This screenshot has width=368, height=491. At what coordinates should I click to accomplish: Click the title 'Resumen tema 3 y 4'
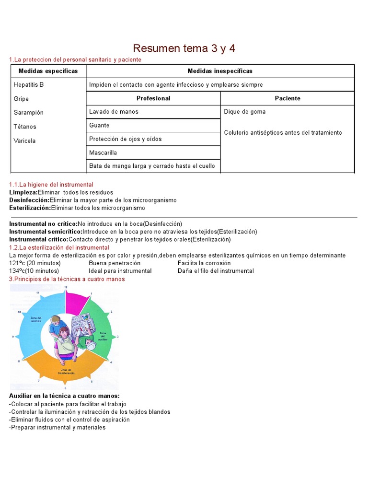coord(184,48)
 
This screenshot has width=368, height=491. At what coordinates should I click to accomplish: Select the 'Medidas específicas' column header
coord(48,71)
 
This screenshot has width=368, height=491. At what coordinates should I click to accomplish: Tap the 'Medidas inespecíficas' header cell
coord(220,71)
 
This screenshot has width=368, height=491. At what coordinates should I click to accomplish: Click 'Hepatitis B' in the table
coord(29,85)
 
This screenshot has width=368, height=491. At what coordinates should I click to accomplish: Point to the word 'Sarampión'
coord(29,113)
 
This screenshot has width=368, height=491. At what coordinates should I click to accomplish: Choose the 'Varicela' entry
coord(25,141)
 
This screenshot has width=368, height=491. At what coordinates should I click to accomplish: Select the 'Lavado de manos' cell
coord(114,112)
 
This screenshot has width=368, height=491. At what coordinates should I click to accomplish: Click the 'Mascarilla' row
coord(103,152)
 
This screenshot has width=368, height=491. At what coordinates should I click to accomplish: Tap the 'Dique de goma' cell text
coord(244,112)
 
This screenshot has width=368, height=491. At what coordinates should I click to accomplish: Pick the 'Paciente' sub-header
coord(287,98)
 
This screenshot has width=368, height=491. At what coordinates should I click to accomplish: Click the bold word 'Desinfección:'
coord(29,200)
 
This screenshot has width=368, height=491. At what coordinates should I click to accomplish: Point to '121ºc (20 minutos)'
coord(35,263)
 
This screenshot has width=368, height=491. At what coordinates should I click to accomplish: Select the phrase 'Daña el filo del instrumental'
coord(216,271)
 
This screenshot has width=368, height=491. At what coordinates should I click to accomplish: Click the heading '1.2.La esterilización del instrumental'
coord(59,247)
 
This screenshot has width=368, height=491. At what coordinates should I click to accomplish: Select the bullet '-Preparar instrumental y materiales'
coord(57,427)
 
